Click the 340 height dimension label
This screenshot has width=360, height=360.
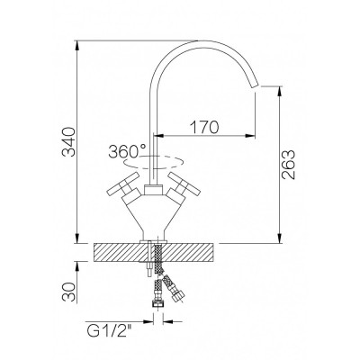(68, 142)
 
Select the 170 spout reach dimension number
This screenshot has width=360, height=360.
(205, 127)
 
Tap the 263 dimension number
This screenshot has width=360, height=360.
(289, 165)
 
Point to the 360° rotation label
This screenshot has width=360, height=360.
(127, 151)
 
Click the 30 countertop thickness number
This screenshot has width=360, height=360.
(68, 292)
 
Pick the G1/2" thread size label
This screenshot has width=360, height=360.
(110, 332)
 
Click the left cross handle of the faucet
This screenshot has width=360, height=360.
(124, 186)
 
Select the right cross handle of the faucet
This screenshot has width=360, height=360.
(184, 186)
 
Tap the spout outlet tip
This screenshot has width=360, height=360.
(256, 85)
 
